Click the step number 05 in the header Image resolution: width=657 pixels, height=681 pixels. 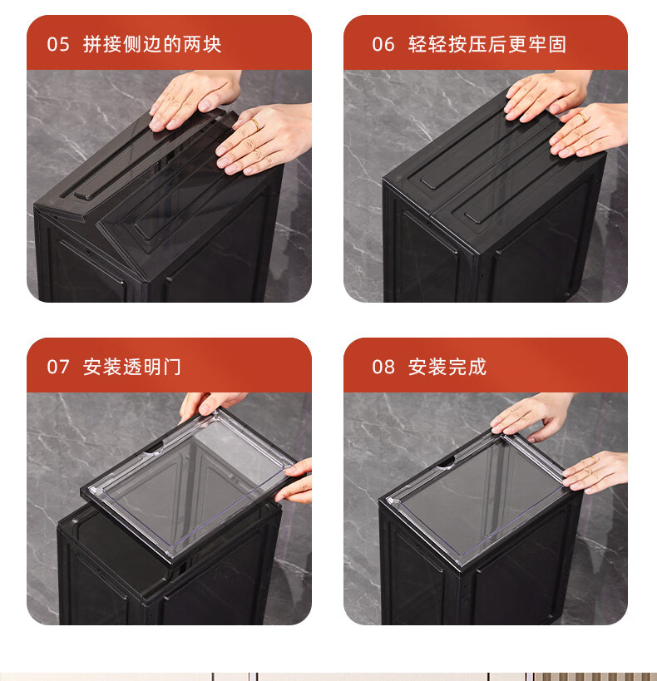pos(58,44)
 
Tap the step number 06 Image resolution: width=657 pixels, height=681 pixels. pos(383,44)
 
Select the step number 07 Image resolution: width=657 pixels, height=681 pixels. pos(58,367)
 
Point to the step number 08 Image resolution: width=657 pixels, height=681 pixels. pos(383,367)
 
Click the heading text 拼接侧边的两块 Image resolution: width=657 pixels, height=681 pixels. pos(152,44)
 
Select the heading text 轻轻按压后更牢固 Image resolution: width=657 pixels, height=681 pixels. pos(487,44)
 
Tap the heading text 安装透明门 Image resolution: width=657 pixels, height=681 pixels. pos(131,367)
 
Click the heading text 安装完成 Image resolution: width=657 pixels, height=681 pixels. pos(447,367)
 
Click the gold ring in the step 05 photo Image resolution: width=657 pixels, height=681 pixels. pos(255,125)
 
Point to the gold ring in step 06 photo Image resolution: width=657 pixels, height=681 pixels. pos(582,117)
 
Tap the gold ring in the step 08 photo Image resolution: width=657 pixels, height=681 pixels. pos(594,460)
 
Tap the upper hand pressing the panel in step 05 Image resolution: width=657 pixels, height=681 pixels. pos(195,99)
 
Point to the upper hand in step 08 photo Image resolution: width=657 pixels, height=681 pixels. pos(532,415)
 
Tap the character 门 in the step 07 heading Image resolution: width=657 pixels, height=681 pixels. pos(171,367)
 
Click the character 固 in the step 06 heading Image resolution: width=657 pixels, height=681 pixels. pos(557,44)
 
